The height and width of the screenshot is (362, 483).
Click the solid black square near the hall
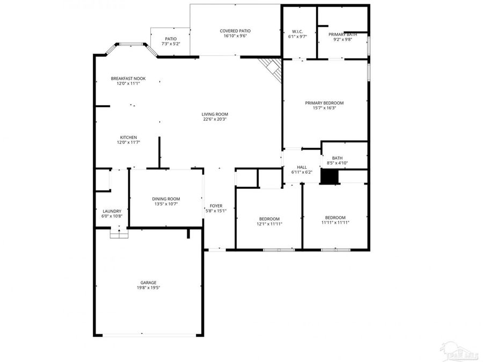329,177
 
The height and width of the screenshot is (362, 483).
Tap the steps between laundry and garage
119,234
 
